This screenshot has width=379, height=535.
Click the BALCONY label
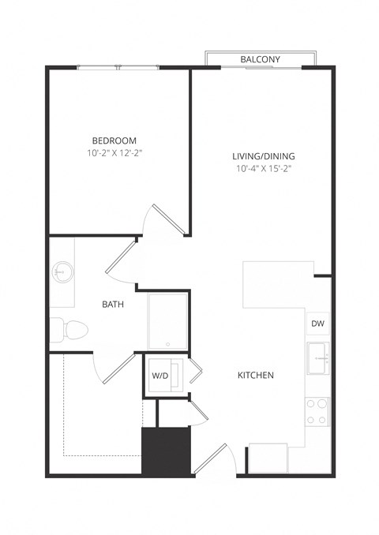[x=261, y=59]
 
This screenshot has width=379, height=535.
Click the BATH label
[x=111, y=304]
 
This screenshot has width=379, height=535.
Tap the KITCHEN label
[x=256, y=375]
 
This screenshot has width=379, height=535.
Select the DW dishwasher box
[x=317, y=324]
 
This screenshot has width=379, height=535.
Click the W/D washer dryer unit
[x=161, y=376]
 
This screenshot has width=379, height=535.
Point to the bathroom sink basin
[x=62, y=274]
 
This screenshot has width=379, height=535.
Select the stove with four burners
[x=317, y=410]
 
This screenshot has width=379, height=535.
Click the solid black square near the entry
[x=167, y=451]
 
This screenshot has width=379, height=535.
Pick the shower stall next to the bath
[x=168, y=320]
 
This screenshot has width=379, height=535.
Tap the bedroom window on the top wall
[x=118, y=68]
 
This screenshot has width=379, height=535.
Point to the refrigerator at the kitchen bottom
[x=268, y=458]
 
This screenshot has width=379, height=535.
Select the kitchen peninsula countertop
[x=272, y=284]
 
